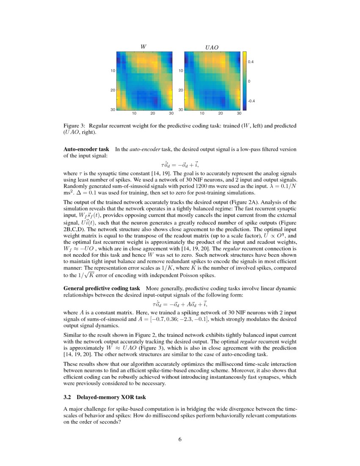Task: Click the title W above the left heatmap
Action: point(144,47)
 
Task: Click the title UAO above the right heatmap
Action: point(211,48)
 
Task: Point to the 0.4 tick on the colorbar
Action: point(251,62)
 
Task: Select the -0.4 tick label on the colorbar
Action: point(251,101)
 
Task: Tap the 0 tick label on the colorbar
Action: point(249,81)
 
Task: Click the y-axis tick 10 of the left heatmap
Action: point(113,71)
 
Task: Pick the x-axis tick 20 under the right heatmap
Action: point(220,114)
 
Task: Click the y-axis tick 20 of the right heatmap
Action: point(180,90)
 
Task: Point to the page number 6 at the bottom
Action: point(180,439)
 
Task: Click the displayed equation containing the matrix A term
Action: point(180,304)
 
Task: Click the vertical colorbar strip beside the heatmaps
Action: point(245,80)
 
